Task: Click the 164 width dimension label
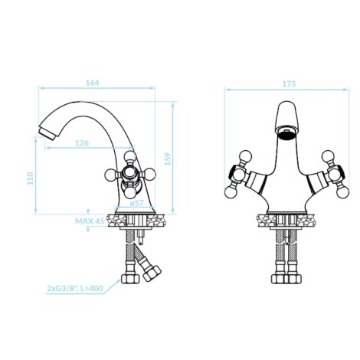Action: coord(93,83)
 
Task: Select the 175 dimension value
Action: coord(289,83)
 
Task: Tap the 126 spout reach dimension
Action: coord(82,142)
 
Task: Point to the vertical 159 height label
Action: coord(168,159)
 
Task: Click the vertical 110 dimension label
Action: coord(31,178)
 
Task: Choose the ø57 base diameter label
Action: coord(137,203)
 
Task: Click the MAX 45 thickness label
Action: coord(90,221)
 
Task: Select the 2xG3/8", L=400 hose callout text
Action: coord(75,289)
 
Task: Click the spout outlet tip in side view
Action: coord(47,133)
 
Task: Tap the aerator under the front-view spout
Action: coord(286,134)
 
